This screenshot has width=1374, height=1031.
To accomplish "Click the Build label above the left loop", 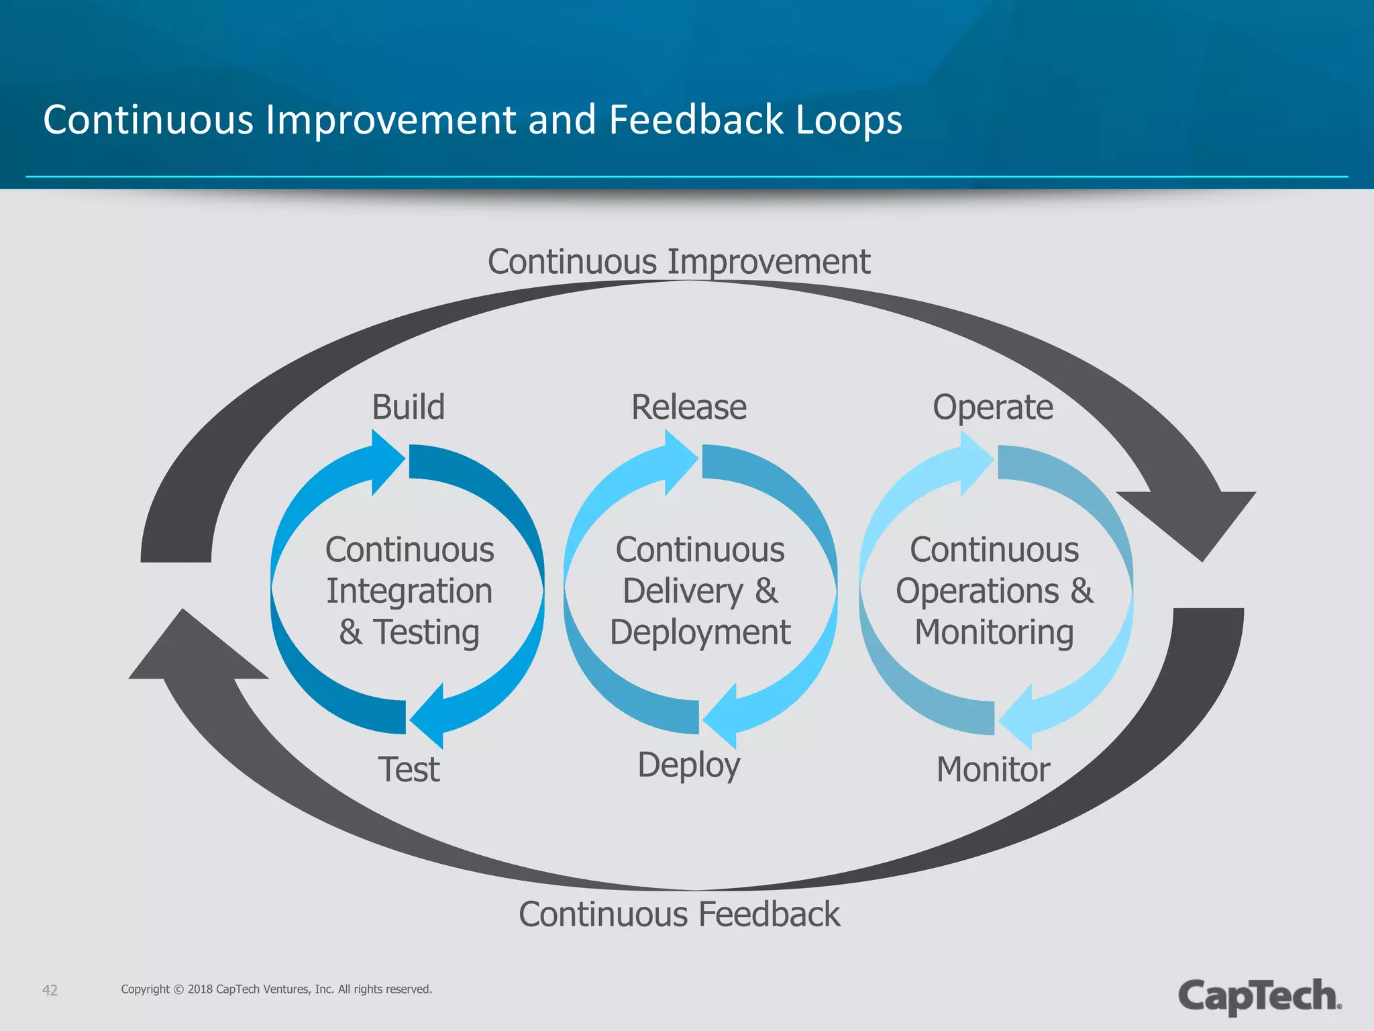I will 408,407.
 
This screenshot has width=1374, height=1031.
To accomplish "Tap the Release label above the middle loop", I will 688,407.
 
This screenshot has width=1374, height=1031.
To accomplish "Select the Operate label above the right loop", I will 993,407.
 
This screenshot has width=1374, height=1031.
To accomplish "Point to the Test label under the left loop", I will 409,769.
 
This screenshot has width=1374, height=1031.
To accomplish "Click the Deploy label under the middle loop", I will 688,765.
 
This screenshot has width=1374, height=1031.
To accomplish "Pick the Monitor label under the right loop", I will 993,769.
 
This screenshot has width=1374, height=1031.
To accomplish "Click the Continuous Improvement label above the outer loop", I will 679,262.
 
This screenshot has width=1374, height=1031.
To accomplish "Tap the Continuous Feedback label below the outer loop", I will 679,914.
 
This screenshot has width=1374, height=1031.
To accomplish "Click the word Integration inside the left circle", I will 409,591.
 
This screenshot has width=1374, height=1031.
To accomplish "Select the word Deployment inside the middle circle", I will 700,632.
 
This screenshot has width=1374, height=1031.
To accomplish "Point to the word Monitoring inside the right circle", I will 994,632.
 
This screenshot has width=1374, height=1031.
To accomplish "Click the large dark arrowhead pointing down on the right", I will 1191,520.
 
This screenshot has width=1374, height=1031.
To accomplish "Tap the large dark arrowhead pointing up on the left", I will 195,651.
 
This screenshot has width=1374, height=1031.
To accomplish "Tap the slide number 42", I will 50,990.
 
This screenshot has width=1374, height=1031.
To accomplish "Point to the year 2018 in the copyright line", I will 200,989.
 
